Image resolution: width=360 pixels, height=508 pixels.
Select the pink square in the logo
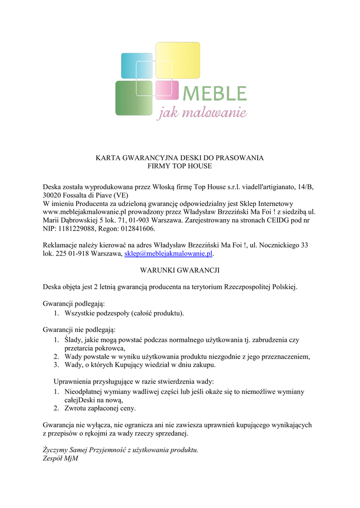(x=167, y=90)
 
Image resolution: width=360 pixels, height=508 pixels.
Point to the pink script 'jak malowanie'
(x=202, y=114)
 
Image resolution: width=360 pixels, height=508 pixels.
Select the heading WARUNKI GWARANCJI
(x=179, y=270)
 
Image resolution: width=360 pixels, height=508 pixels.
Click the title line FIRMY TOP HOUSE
(x=179, y=166)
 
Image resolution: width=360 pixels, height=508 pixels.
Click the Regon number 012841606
(x=134, y=229)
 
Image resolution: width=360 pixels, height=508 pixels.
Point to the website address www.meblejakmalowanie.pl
(x=82, y=211)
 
